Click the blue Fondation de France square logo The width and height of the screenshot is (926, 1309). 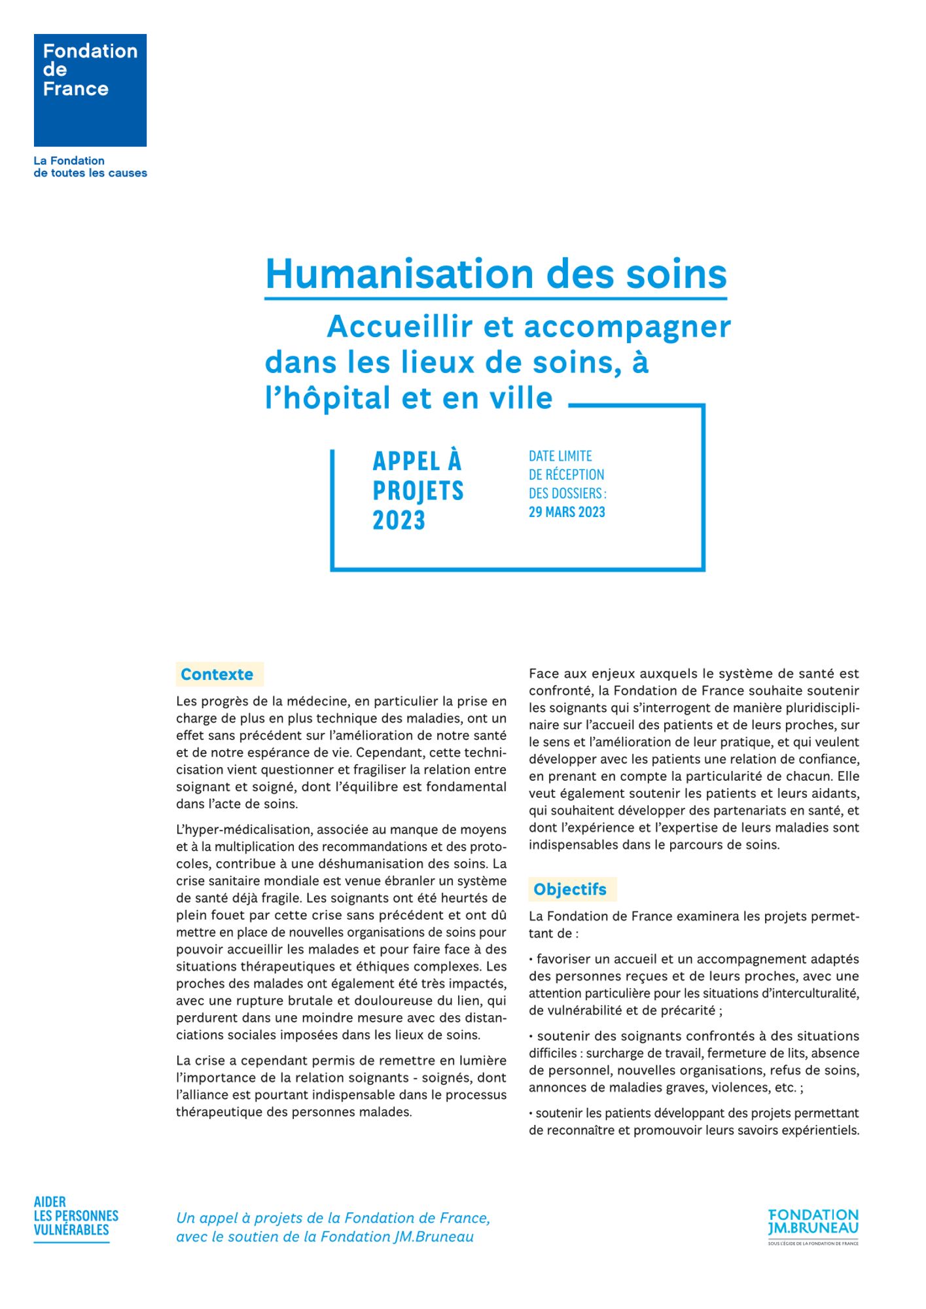pyautogui.click(x=90, y=90)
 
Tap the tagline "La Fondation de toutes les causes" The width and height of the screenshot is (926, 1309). pyautogui.click(x=90, y=167)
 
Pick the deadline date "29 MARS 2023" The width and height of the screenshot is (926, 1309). pyautogui.click(x=567, y=512)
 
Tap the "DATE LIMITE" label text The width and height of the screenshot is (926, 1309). pyautogui.click(x=560, y=456)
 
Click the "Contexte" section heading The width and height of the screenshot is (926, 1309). pyautogui.click(x=217, y=674)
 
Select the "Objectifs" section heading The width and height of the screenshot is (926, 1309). pyautogui.click(x=569, y=889)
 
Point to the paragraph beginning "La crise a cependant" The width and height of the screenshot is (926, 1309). pyautogui.click(x=341, y=1086)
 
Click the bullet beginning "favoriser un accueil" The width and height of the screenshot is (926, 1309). pyautogui.click(x=694, y=984)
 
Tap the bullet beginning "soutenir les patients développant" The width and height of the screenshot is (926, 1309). pyautogui.click(x=694, y=1121)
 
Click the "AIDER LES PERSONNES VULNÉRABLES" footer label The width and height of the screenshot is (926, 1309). pyautogui.click(x=76, y=1216)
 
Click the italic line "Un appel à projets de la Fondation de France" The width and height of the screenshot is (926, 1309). pyautogui.click(x=333, y=1218)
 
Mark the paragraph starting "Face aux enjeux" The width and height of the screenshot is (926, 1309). pyautogui.click(x=694, y=759)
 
